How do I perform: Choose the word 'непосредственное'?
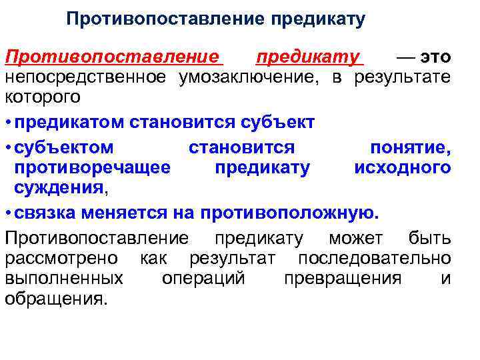pyautogui.click(x=86, y=77)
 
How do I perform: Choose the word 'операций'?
pyautogui.click(x=203, y=278)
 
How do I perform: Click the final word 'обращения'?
pyautogui.click(x=55, y=299)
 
